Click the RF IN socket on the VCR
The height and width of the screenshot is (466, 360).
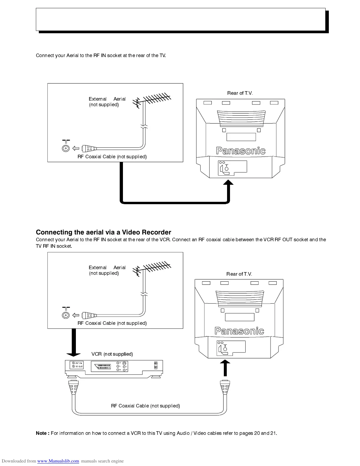(73, 363)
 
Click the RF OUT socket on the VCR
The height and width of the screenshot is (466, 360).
(73, 367)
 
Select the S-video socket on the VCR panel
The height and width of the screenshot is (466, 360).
(124, 363)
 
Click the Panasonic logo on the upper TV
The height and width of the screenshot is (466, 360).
(241, 151)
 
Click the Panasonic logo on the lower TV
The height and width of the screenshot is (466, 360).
(239, 331)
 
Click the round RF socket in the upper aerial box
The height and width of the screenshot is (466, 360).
(66, 148)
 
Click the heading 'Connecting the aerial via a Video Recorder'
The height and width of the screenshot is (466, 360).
(103, 232)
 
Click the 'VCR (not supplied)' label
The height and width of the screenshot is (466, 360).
(112, 354)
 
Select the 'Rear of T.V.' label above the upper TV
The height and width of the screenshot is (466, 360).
(240, 93)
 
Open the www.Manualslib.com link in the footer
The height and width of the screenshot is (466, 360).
(58, 461)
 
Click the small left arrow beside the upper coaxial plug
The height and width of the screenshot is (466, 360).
(76, 148)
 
